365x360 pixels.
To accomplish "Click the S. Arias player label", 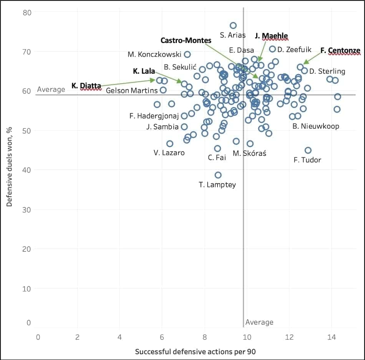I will (233, 35).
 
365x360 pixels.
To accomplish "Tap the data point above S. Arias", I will (233, 25).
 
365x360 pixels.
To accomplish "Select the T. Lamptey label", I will (217, 185).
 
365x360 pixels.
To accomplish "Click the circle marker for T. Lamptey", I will (218, 175).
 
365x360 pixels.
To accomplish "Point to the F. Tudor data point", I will (308, 150).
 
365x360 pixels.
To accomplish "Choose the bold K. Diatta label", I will (86, 86).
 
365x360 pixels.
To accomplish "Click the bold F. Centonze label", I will (340, 50).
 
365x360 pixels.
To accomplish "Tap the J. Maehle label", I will (271, 36).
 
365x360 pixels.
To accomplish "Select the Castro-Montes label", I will (186, 40).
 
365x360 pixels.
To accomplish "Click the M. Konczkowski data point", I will (187, 54).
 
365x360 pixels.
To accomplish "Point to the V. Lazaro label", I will (169, 153).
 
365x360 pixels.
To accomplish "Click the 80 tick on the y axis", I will (27, 12).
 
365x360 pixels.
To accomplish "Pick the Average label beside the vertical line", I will (259, 322).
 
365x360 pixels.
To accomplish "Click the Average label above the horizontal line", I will (51, 89).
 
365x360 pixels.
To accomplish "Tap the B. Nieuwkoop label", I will (316, 126).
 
